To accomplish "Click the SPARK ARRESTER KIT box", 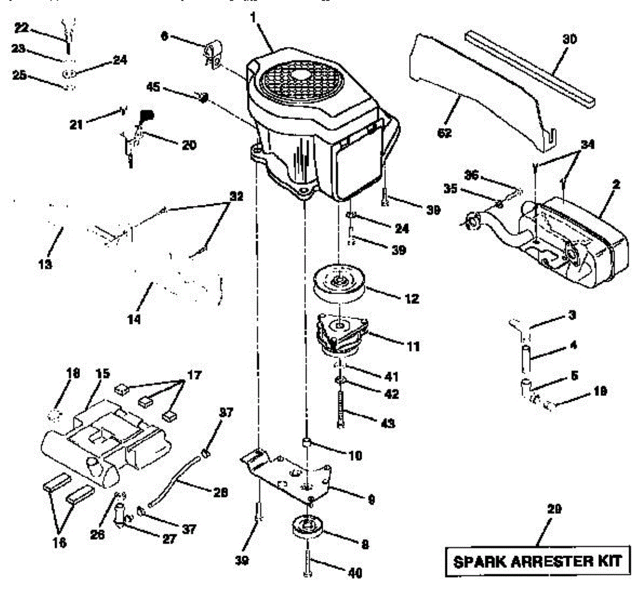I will tap(537, 561).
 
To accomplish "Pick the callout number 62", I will tap(444, 133).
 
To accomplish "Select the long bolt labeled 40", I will tap(309, 560).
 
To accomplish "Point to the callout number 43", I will tap(388, 423).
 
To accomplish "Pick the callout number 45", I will tap(154, 87).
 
